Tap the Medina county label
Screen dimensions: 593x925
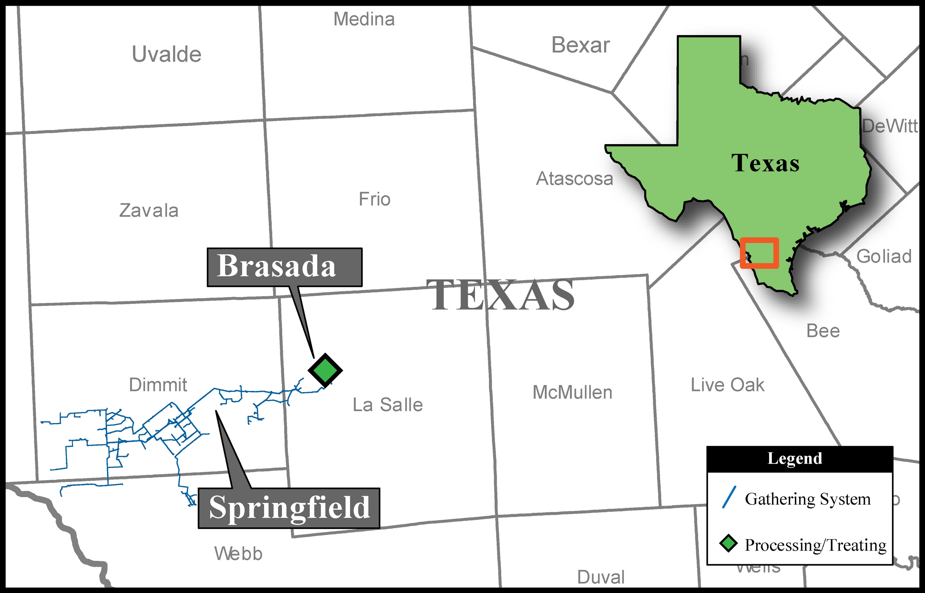pos(364,19)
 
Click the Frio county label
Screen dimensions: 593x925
pos(374,199)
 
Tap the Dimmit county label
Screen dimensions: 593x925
pos(158,385)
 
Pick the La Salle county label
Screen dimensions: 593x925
pos(387,405)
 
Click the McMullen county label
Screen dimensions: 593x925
pos(572,392)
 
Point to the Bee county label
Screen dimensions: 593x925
pos(823,331)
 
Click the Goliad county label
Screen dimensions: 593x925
pos(884,256)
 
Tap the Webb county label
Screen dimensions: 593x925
pos(238,554)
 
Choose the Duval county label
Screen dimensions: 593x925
pos(601,577)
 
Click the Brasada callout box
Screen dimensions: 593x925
pos(285,267)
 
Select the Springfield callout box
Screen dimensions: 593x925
pos(289,508)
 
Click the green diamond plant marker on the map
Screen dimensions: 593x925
pos(325,370)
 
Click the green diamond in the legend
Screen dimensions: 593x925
pos(728,544)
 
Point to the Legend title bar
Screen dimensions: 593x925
pos(800,458)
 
